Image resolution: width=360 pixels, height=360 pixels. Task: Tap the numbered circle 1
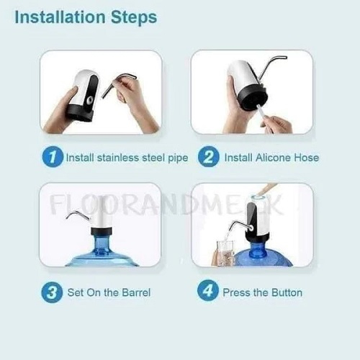pos(52,157)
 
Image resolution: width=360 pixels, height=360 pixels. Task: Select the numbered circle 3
pos(52,292)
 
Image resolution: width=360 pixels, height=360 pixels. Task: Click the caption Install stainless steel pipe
pos(127,157)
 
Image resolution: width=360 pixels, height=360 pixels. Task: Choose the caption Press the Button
pos(263,292)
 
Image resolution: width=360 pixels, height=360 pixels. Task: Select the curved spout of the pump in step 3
pos(76,214)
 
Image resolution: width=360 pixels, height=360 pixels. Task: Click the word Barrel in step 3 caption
pos(135,292)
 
